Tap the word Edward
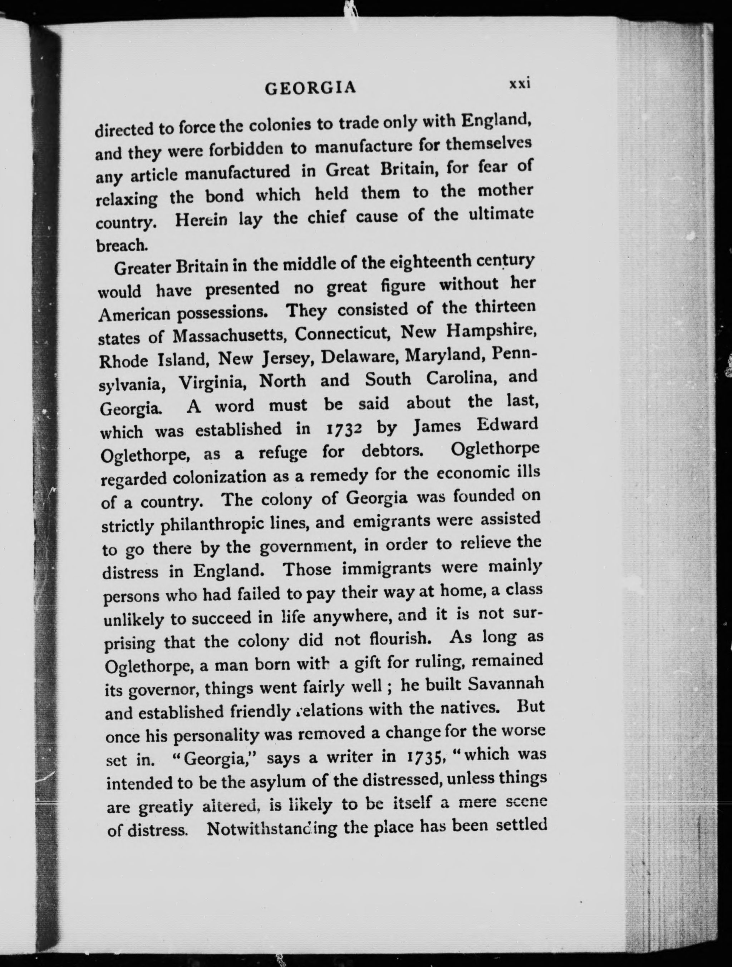point(507,425)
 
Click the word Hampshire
point(490,331)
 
